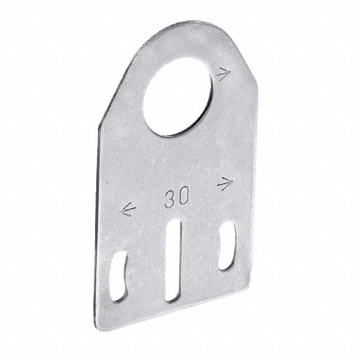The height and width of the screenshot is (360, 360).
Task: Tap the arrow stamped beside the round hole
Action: point(224,74)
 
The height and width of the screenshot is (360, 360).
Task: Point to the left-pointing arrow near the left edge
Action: point(128,211)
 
